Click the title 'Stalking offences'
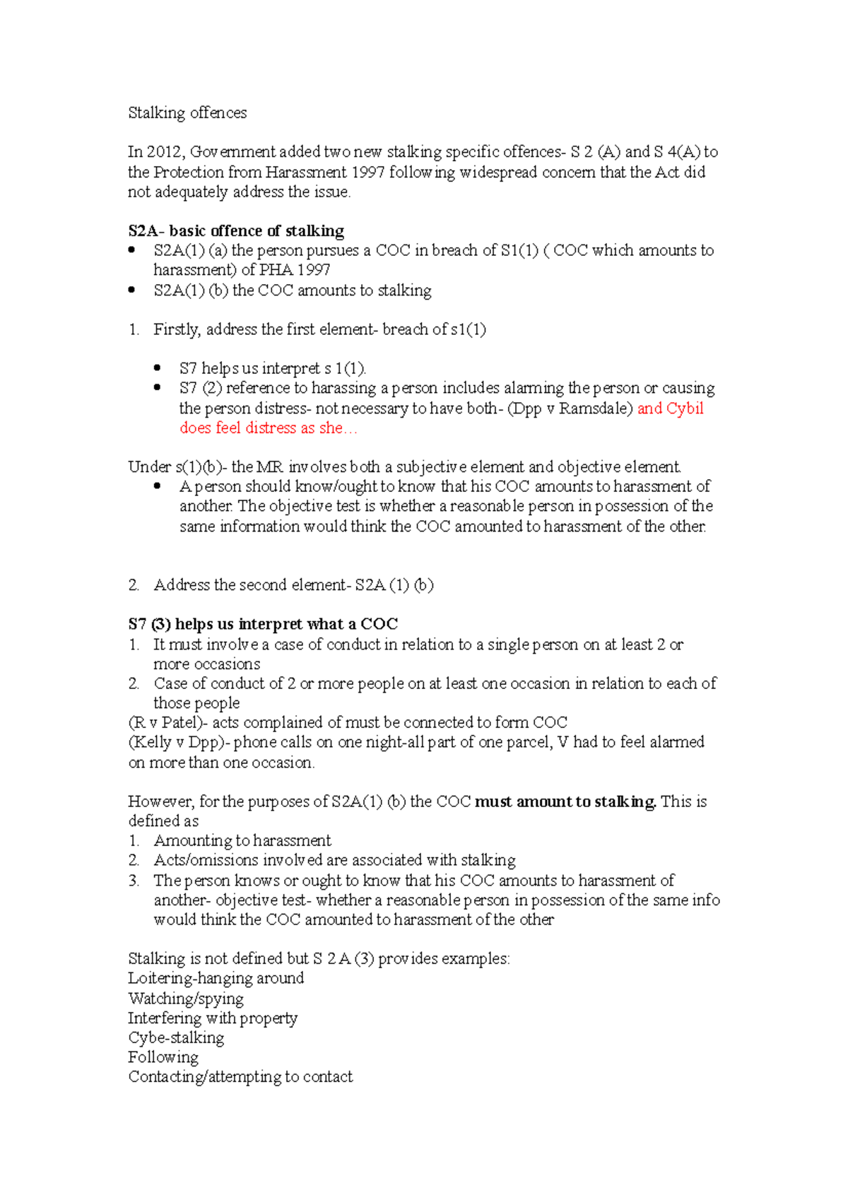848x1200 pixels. pyautogui.click(x=187, y=113)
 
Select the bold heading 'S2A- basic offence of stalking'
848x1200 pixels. pyautogui.click(x=236, y=231)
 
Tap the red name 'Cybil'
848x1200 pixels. pyautogui.click(x=685, y=408)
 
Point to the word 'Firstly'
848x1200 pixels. pyautogui.click(x=177, y=329)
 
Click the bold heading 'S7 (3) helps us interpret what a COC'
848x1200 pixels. pyautogui.click(x=263, y=624)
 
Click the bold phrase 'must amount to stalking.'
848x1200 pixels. pyautogui.click(x=565, y=802)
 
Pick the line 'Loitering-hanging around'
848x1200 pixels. pyautogui.click(x=216, y=979)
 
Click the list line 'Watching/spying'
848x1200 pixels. pyautogui.click(x=186, y=999)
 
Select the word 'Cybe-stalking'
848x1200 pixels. pyautogui.click(x=176, y=1037)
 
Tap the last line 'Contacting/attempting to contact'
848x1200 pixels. pyautogui.click(x=240, y=1077)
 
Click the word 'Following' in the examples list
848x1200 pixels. pyautogui.click(x=163, y=1057)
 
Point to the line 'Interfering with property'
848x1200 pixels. pyautogui.click(x=213, y=1018)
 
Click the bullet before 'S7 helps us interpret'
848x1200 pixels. pyautogui.click(x=158, y=367)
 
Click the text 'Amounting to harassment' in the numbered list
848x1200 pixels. pyautogui.click(x=242, y=841)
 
